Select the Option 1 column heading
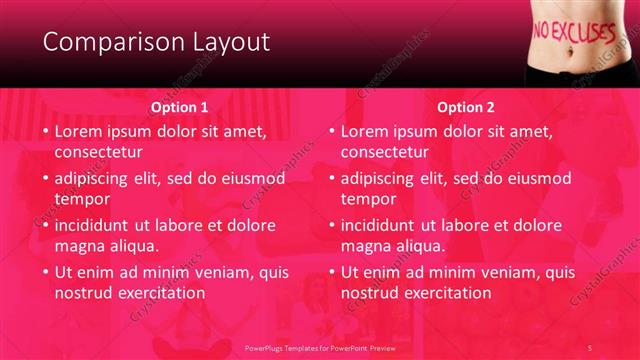(180, 107)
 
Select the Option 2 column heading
(466, 107)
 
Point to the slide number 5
(590, 346)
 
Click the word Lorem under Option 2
(366, 131)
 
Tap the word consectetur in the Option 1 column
(98, 152)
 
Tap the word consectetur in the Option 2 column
(384, 152)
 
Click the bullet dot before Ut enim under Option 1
(45, 272)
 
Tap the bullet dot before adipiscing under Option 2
(331, 179)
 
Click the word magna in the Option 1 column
(79, 246)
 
